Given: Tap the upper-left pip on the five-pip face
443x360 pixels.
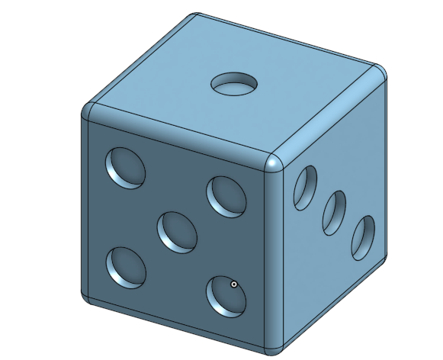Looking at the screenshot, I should coord(124,167).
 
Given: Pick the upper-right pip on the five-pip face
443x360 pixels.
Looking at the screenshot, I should coord(226,195).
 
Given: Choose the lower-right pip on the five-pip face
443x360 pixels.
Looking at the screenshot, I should coord(226,295).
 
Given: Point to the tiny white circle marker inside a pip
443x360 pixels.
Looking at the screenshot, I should coord(233,285).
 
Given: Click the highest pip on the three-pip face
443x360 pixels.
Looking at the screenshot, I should coord(306,186).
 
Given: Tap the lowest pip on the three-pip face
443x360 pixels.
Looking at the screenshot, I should coord(363,237).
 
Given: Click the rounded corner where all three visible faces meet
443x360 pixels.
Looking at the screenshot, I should coord(274,162).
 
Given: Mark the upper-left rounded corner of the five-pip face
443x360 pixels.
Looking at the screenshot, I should coord(88,111).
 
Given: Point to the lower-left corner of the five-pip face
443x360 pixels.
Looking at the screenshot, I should coord(88,297).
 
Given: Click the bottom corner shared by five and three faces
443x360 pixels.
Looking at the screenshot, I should coord(275,345).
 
